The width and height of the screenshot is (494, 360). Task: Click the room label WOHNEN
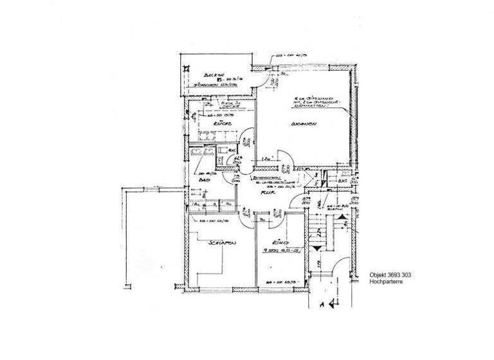tap(303, 123)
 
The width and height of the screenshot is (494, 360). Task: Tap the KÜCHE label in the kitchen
tap(224, 123)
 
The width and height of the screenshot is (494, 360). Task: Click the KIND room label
tap(279, 242)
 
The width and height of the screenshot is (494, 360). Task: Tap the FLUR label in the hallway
tap(262, 191)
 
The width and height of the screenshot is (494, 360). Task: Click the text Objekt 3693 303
tap(390, 274)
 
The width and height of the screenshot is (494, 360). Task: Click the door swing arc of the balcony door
tap(272, 78)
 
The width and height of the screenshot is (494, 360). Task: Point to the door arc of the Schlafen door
tap(247, 215)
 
